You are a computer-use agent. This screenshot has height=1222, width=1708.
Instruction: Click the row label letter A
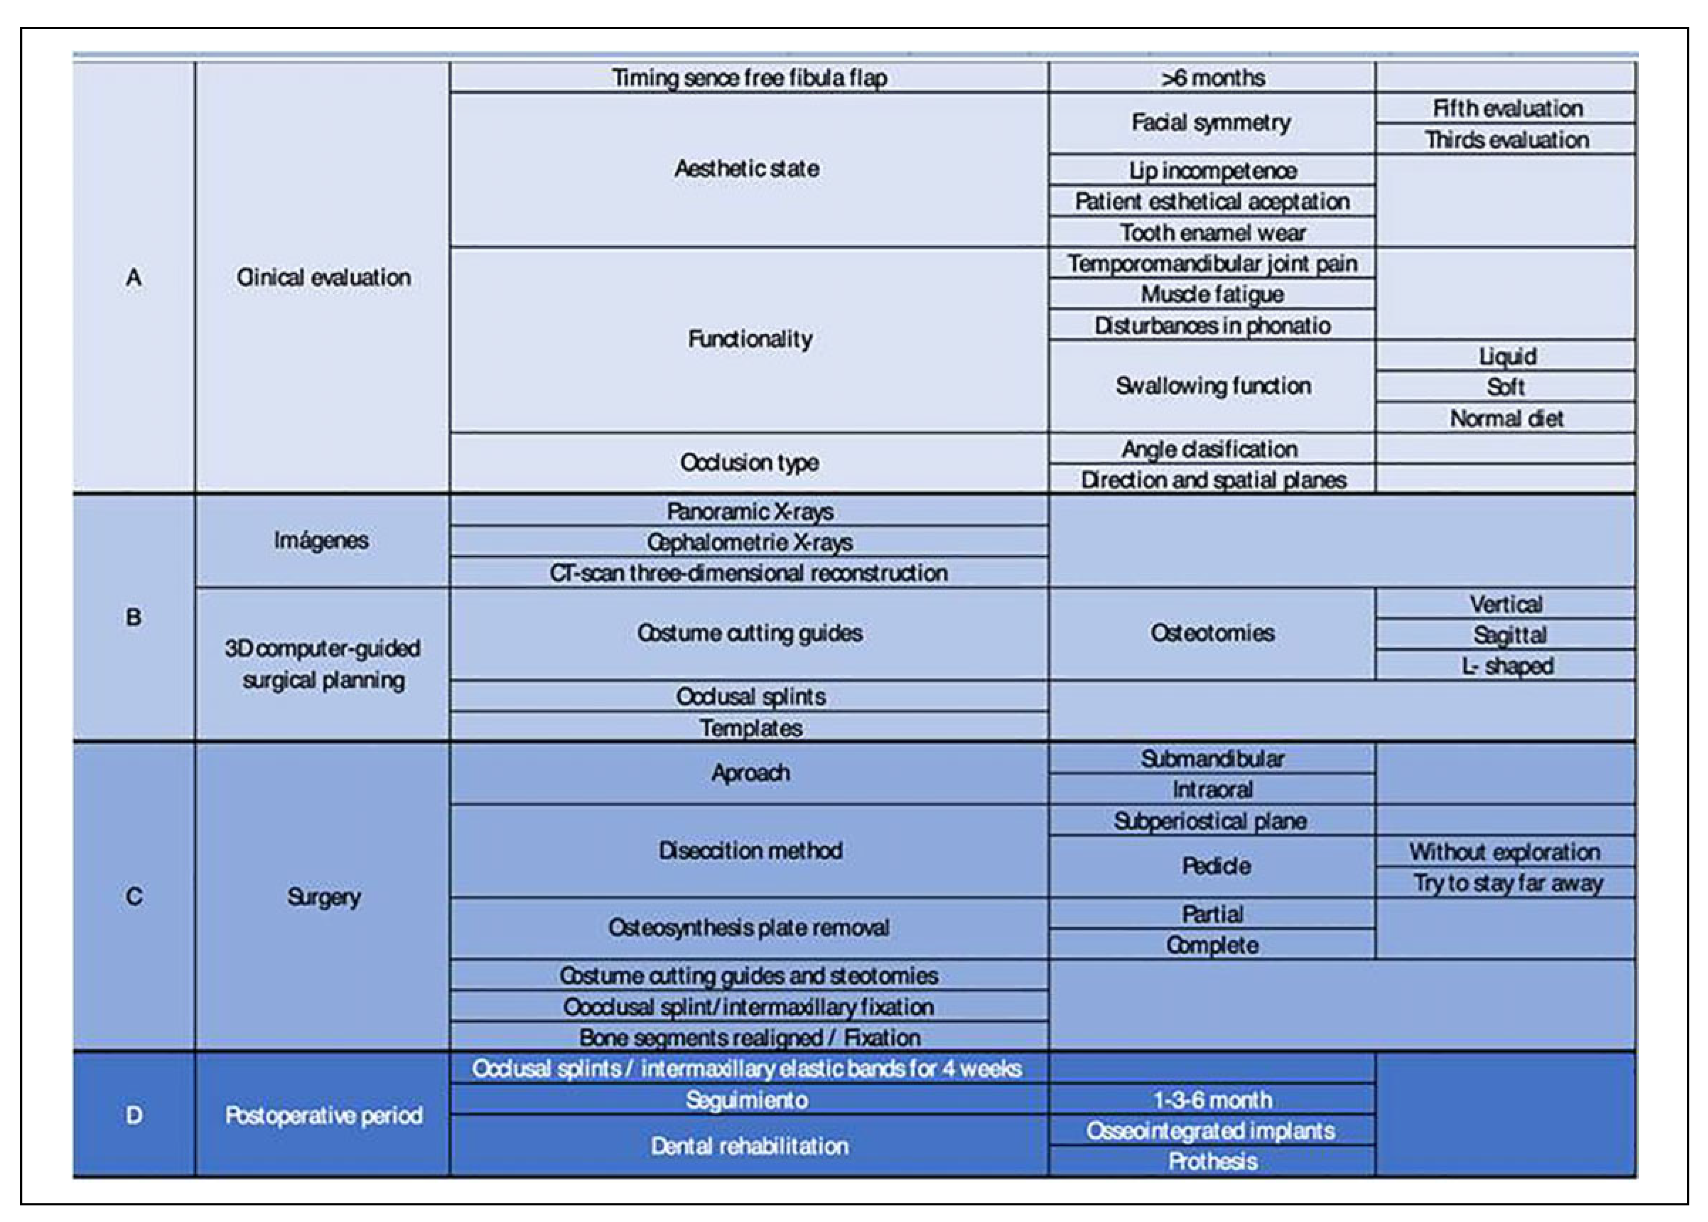pyautogui.click(x=134, y=278)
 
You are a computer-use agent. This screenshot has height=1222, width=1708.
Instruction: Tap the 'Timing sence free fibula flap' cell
pyautogui.click(x=749, y=77)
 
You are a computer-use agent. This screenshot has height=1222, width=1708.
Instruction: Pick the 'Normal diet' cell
pyautogui.click(x=1506, y=419)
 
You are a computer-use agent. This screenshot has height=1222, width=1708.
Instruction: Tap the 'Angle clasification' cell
pyautogui.click(x=1210, y=449)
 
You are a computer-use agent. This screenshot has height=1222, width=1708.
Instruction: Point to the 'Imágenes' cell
pyautogui.click(x=321, y=540)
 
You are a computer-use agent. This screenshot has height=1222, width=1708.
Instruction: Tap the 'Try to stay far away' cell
pyautogui.click(x=1506, y=883)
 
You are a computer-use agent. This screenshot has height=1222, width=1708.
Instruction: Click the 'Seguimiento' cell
pyautogui.click(x=748, y=1100)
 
